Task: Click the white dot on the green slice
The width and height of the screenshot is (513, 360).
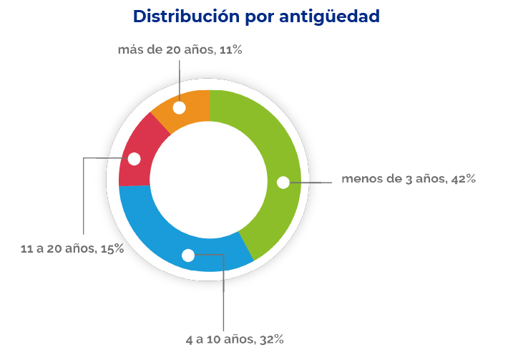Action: [x=283, y=183]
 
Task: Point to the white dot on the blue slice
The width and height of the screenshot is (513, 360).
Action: [x=188, y=255]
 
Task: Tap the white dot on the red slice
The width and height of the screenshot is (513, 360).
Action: [x=134, y=159]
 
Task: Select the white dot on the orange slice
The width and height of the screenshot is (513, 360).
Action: [x=179, y=107]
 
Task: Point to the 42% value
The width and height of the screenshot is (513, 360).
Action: [x=463, y=179]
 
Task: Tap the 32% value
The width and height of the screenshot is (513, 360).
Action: [x=272, y=339]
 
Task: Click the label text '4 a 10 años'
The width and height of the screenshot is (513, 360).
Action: [x=218, y=339]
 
